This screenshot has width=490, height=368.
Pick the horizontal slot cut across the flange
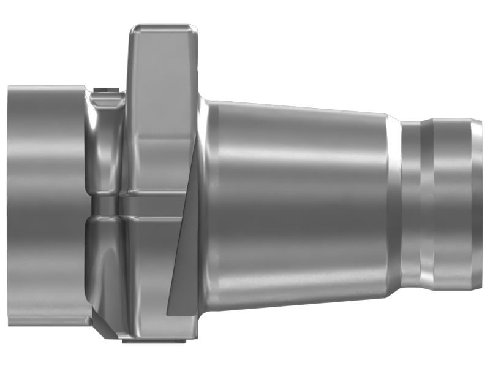153,198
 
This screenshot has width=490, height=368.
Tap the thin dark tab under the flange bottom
153,340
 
